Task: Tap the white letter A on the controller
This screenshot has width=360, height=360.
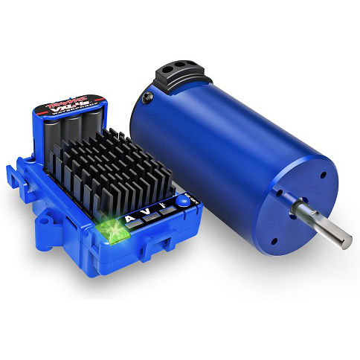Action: coord(132,218)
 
